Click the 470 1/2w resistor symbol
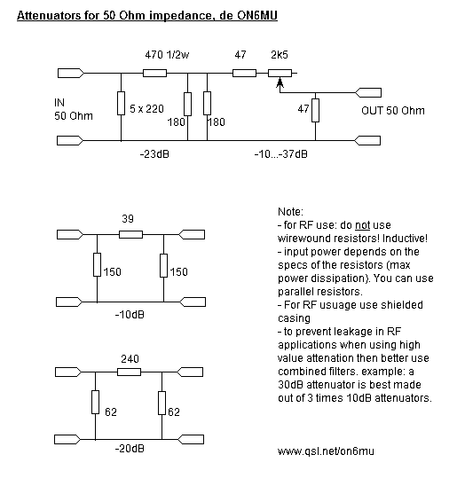tap(154, 73)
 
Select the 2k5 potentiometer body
tap(280, 73)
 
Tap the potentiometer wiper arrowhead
tap(280, 82)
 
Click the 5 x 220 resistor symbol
tap(121, 103)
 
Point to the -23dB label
tap(154, 154)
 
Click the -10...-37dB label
tap(281, 154)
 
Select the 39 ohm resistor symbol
tap(130, 235)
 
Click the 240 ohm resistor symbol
tap(129, 372)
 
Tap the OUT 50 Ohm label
tap(393, 111)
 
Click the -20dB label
tap(130, 449)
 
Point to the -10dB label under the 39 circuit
tap(130, 315)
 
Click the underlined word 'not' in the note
tap(362, 225)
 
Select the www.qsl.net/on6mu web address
tap(326, 451)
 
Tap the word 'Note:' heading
tap(290, 212)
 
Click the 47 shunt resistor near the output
tap(315, 110)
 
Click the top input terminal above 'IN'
tap(71, 73)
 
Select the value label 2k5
tap(280, 55)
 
